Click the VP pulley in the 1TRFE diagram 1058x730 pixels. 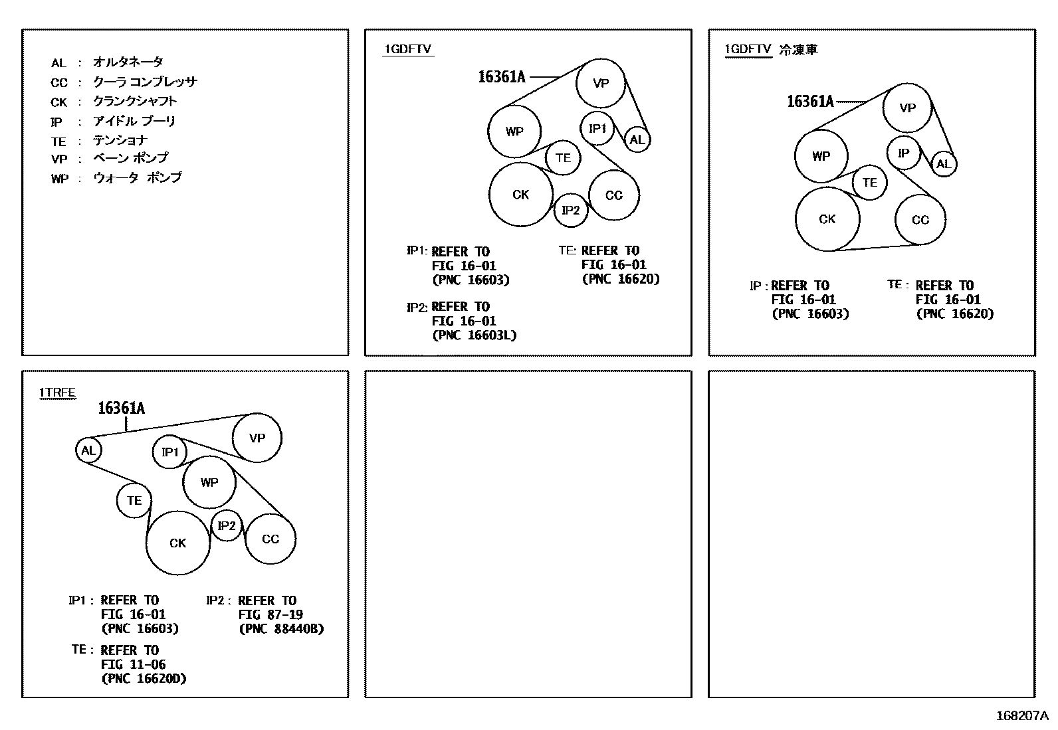point(257,438)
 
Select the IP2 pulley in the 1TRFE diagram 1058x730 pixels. point(227,526)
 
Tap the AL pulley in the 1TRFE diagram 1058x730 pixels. point(88,450)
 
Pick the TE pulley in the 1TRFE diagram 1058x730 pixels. point(134,500)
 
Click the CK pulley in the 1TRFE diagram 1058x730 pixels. point(178,543)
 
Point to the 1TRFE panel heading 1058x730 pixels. point(57,393)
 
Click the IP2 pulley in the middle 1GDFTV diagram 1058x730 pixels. point(571,211)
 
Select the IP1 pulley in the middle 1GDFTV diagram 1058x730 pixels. point(597,128)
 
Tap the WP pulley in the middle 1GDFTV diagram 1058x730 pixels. point(514,132)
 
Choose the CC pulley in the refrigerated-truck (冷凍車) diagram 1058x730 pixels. point(920,220)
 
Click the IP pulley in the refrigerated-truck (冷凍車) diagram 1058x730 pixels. point(903,153)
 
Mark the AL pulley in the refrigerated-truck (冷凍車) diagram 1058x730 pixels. point(944,164)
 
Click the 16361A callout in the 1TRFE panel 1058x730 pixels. point(121,408)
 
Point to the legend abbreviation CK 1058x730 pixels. point(59,102)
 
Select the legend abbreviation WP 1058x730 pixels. point(60,179)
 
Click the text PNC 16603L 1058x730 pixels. point(475,335)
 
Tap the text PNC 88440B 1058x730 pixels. point(281,628)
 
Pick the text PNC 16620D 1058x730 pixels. point(144,678)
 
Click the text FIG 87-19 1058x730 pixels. point(270,614)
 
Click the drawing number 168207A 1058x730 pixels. point(1021,715)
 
